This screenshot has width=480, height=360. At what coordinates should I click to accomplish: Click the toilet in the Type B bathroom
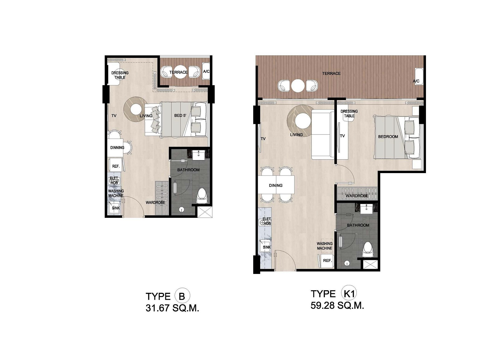202,197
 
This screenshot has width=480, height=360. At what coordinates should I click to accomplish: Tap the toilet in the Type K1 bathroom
367,250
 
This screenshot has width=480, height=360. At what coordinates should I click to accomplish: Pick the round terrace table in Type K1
298,85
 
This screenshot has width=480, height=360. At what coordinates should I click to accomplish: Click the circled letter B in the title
182,296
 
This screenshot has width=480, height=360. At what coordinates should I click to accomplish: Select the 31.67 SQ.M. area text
172,308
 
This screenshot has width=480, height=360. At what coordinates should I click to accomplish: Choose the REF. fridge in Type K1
327,260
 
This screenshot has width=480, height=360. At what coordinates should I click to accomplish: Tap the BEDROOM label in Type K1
388,136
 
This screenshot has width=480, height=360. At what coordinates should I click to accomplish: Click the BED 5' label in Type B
180,115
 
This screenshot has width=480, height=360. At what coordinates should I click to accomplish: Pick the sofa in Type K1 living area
322,134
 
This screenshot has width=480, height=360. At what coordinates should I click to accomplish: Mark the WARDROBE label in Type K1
357,196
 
